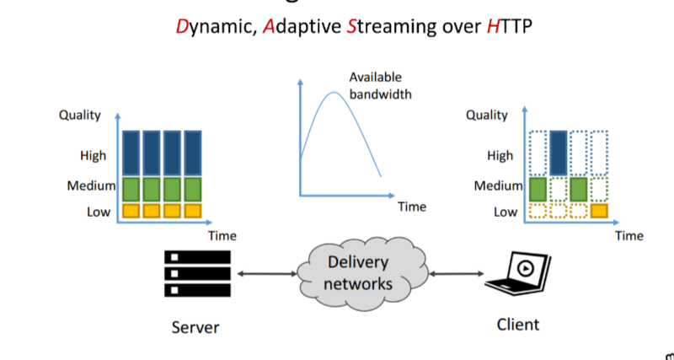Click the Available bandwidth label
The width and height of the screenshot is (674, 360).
[x=380, y=86]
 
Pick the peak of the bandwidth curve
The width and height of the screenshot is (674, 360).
[x=334, y=91]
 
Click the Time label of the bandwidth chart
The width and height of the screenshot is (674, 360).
[x=412, y=206]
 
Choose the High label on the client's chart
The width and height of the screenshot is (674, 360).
[x=500, y=155]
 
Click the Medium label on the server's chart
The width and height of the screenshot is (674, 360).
[x=91, y=185]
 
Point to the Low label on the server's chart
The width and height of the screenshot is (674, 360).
[x=99, y=212]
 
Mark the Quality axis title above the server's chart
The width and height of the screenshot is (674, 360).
[x=80, y=116]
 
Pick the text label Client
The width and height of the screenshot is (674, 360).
[x=517, y=324]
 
